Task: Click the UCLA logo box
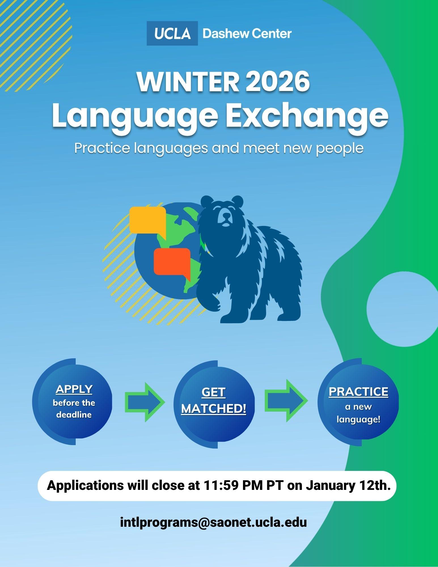(172, 33)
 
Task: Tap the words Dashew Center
(247, 33)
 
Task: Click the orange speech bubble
(172, 261)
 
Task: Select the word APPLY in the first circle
(74, 389)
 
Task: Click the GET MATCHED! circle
(214, 404)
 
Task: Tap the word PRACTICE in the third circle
(358, 392)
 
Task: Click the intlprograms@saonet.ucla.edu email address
(213, 522)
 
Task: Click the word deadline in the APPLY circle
(74, 415)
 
